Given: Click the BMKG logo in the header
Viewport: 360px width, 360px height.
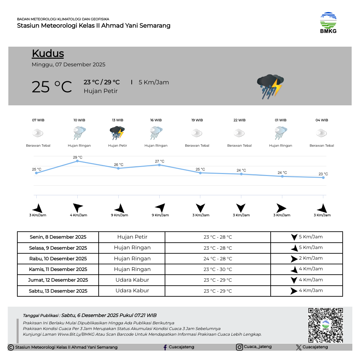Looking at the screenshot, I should pyautogui.click(x=328, y=23).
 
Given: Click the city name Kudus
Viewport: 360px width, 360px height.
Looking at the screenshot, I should pyautogui.click(x=48, y=54).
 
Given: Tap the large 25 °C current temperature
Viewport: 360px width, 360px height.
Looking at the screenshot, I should pyautogui.click(x=52, y=87).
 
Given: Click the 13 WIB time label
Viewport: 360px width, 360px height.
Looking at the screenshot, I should pyautogui.click(x=117, y=120).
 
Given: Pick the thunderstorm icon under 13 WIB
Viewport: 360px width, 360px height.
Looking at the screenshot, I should pyautogui.click(x=117, y=133).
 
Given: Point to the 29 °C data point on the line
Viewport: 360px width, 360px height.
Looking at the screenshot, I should pyautogui.click(x=77, y=161).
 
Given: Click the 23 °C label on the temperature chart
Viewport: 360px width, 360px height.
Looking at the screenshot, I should pyautogui.click(x=323, y=174).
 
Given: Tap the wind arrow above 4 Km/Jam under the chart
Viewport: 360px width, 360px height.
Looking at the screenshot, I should pyautogui.click(x=78, y=208).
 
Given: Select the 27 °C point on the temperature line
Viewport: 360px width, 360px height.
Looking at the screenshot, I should pyautogui.click(x=159, y=165).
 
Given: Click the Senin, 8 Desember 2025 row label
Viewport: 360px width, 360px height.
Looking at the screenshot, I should pyautogui.click(x=58, y=237).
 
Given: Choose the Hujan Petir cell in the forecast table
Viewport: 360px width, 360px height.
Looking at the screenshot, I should pyautogui.click(x=132, y=237).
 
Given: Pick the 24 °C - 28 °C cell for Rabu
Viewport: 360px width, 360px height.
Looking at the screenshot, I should pyautogui.click(x=218, y=259).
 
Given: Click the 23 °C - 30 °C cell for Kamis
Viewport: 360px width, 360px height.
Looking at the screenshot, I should pyautogui.click(x=218, y=269).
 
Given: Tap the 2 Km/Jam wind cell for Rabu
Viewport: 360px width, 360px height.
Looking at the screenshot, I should pyautogui.click(x=307, y=258).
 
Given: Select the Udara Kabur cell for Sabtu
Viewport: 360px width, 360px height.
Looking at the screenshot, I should pyautogui.click(x=132, y=291).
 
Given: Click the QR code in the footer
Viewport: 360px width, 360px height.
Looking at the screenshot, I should pyautogui.click(x=325, y=325).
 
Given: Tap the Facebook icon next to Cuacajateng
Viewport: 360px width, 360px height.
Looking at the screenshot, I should pyautogui.click(x=165, y=347).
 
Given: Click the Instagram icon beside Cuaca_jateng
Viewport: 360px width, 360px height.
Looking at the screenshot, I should pyautogui.click(x=239, y=347).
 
